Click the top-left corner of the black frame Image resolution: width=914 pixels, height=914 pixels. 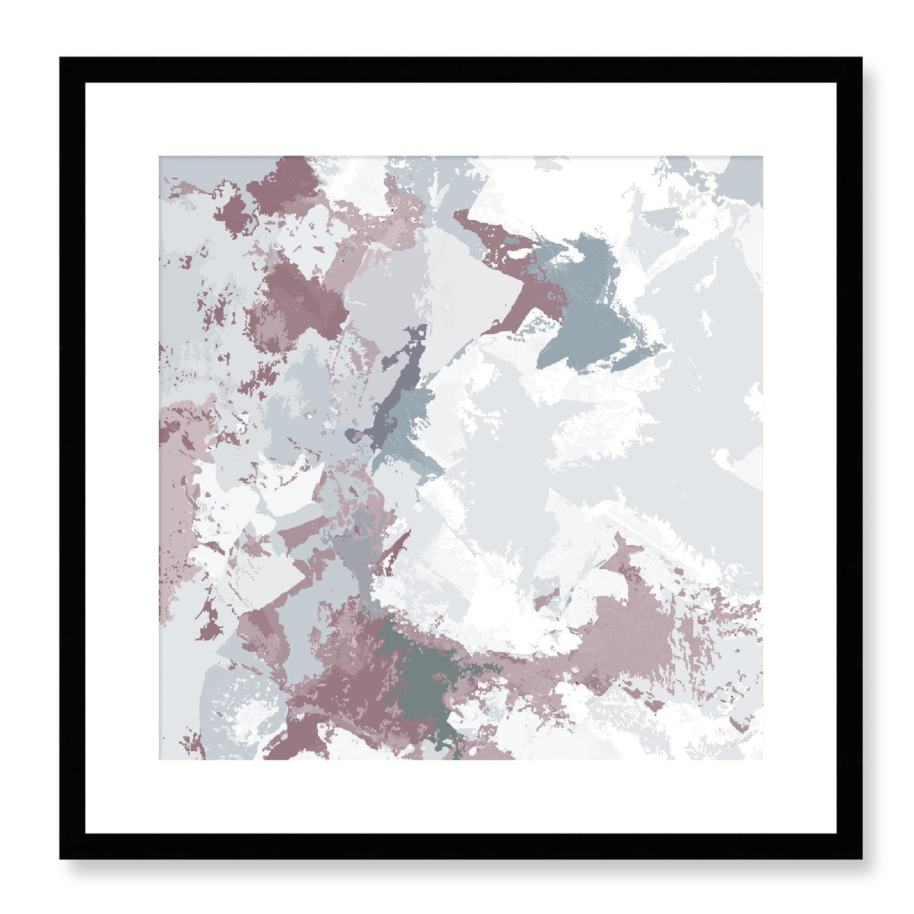[61, 59]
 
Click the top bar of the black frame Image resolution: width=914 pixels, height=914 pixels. [460, 70]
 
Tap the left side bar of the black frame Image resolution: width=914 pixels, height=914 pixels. [72, 458]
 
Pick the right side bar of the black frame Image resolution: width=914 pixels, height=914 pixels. [849, 458]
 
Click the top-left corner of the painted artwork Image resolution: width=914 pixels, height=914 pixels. [159, 157]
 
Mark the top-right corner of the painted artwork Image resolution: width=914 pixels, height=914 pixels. [762, 157]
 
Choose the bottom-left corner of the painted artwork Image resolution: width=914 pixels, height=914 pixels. [159, 758]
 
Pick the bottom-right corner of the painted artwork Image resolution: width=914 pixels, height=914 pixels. [762, 758]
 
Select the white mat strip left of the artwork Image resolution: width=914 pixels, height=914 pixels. [121, 458]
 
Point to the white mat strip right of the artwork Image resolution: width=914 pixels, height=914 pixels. [799, 458]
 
